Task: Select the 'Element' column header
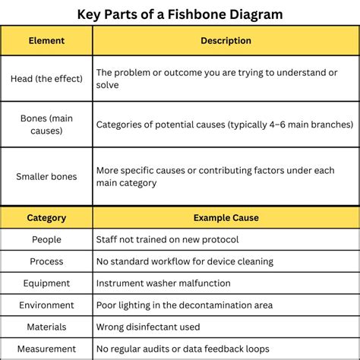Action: coord(46,41)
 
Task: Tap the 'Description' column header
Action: coord(226,41)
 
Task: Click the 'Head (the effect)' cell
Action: coord(46,78)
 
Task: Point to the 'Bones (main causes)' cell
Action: coord(46,124)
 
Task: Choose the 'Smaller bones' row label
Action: coord(46,176)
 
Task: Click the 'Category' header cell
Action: coord(46,218)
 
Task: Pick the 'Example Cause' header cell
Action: coord(226,218)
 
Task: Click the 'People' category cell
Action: coord(46,240)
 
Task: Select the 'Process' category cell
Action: coord(46,262)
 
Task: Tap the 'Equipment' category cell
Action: coord(46,283)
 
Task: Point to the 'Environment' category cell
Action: coord(46,305)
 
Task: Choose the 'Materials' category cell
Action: coord(46,327)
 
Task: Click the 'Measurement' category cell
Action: coord(46,349)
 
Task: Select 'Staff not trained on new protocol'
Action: coord(167,240)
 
